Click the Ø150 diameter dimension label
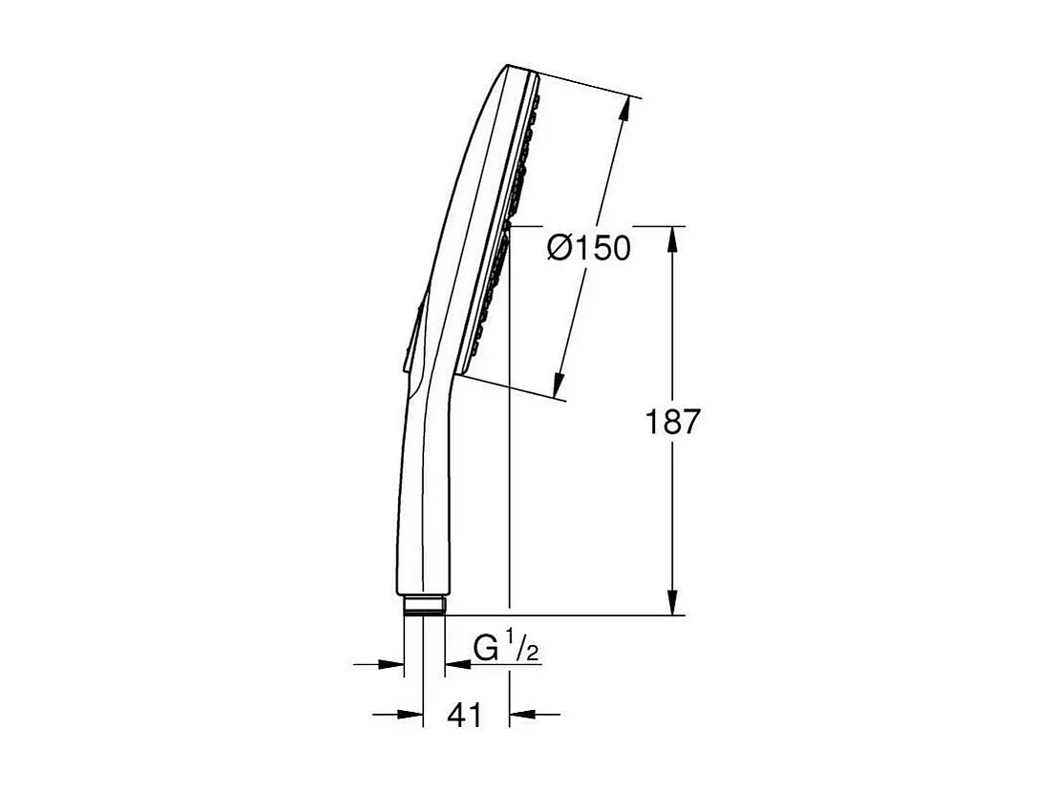(x=588, y=249)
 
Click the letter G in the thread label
(x=487, y=649)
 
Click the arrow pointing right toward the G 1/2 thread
(x=391, y=663)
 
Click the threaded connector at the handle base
(x=424, y=606)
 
